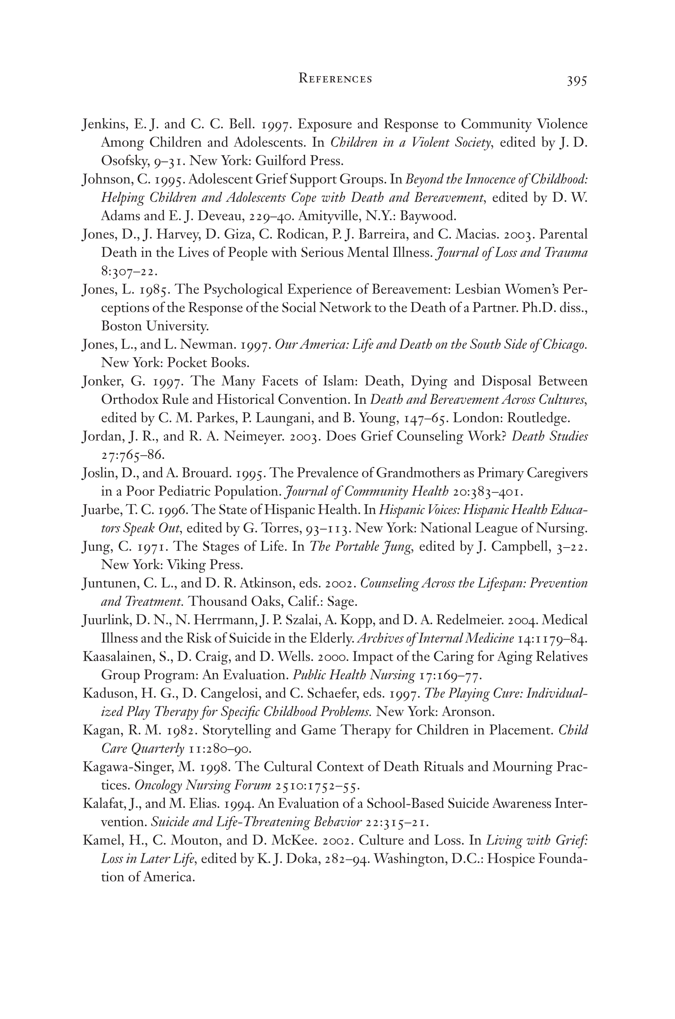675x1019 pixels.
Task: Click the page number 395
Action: pyautogui.click(x=577, y=81)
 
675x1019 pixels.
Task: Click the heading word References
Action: pyautogui.click(x=335, y=79)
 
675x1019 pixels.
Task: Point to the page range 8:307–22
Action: pyautogui.click(x=129, y=271)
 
